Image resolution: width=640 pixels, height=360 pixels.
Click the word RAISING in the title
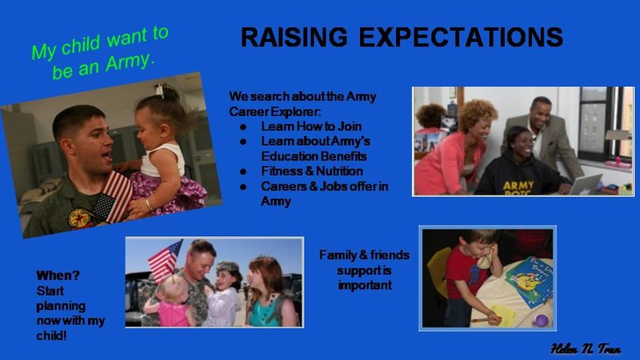tap(294, 37)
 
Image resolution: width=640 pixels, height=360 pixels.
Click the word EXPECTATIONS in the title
tap(461, 37)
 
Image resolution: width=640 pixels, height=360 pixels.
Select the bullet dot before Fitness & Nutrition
tap(243, 172)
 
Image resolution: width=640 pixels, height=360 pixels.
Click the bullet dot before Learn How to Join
tap(243, 127)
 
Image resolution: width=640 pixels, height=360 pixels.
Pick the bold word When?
tap(58, 276)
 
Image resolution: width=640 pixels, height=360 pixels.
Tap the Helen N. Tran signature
tap(586, 349)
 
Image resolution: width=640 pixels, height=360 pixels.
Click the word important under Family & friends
tap(365, 284)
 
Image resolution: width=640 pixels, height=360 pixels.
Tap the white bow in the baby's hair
tap(159, 90)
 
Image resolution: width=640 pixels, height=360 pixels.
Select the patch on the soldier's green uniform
tap(80, 219)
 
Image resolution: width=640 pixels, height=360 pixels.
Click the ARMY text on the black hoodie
tap(518, 186)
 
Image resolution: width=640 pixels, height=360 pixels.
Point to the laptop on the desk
tap(586, 184)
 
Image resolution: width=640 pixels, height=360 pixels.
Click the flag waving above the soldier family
tap(165, 261)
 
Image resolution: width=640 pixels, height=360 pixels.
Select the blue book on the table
tap(530, 282)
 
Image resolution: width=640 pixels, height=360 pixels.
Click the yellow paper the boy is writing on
tap(503, 314)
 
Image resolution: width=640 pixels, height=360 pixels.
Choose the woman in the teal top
tap(270, 292)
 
